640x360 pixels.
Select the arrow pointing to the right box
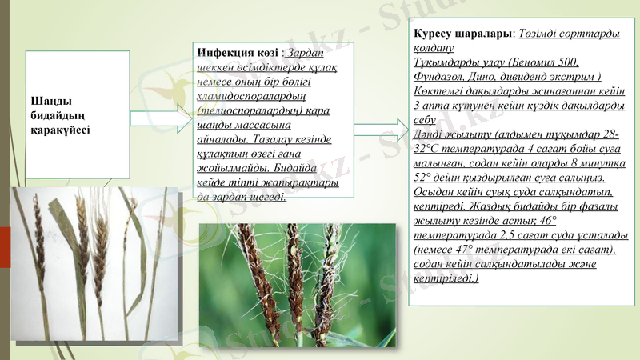381,130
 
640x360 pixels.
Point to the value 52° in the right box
425,178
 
